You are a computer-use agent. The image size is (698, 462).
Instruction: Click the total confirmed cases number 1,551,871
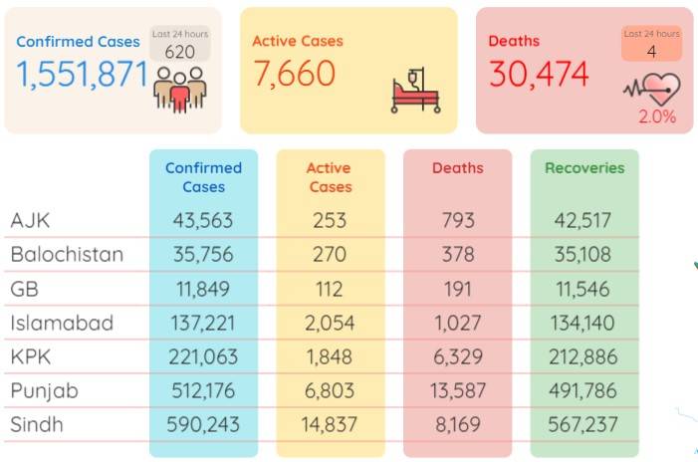pos(82,75)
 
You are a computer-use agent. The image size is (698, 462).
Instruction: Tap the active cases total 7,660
pos(295,74)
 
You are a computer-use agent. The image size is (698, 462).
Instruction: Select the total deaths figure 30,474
pos(539,74)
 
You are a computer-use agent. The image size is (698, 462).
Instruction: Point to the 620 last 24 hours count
pos(180,52)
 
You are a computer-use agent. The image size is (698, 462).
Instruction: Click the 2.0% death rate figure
pos(657,116)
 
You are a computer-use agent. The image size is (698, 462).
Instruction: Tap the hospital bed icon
pos(416,91)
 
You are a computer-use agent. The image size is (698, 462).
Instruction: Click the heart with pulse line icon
pos(652,89)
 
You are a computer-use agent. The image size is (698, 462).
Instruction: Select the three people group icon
pos(180,89)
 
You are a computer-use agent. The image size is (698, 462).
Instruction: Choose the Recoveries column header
pos(584,168)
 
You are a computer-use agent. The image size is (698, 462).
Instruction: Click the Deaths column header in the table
pos(458,168)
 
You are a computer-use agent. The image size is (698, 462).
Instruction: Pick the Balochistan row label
pos(67,255)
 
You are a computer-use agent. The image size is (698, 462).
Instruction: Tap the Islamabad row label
pos(62,323)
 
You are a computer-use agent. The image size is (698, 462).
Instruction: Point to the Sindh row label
pos(37,424)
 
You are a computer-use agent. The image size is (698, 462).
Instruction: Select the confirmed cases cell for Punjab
pos(203,390)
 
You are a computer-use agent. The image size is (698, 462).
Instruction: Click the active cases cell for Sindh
pos(330,424)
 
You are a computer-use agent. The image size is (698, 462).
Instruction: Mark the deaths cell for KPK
pos(458,357)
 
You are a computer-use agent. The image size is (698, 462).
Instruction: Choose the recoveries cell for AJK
pos(582,220)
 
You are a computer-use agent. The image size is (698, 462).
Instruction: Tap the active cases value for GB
pos(330,290)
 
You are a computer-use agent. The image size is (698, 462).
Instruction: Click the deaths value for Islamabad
pos(458,323)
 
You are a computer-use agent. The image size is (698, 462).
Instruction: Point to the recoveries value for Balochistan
pos(582,255)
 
